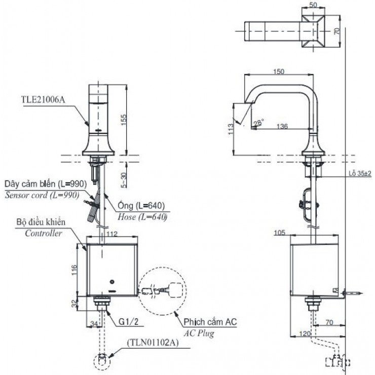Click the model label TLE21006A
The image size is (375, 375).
coord(44,99)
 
